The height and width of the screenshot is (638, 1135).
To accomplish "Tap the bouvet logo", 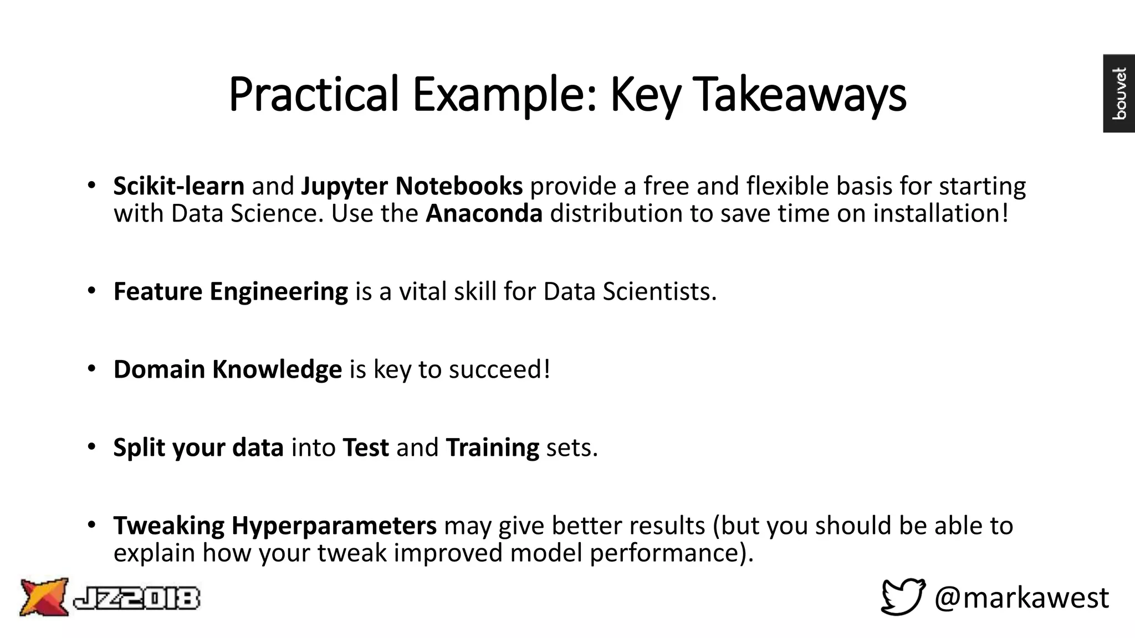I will pos(1119,93).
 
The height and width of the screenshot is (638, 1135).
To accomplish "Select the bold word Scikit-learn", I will pos(178,186).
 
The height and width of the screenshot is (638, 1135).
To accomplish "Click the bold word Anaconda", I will pos(484,214).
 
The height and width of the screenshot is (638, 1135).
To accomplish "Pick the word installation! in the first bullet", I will pos(941,214).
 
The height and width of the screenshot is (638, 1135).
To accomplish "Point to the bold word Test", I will pos(366,447).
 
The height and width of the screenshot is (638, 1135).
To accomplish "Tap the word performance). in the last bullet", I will pos(672,553).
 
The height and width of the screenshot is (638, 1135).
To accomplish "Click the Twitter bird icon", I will pos(903,596).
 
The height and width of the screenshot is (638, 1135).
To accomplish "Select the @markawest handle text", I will pos(1021,598).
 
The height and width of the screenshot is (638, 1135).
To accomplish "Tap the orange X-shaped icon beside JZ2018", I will pos(44,597).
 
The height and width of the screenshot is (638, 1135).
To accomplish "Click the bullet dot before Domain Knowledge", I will pos(92,369).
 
